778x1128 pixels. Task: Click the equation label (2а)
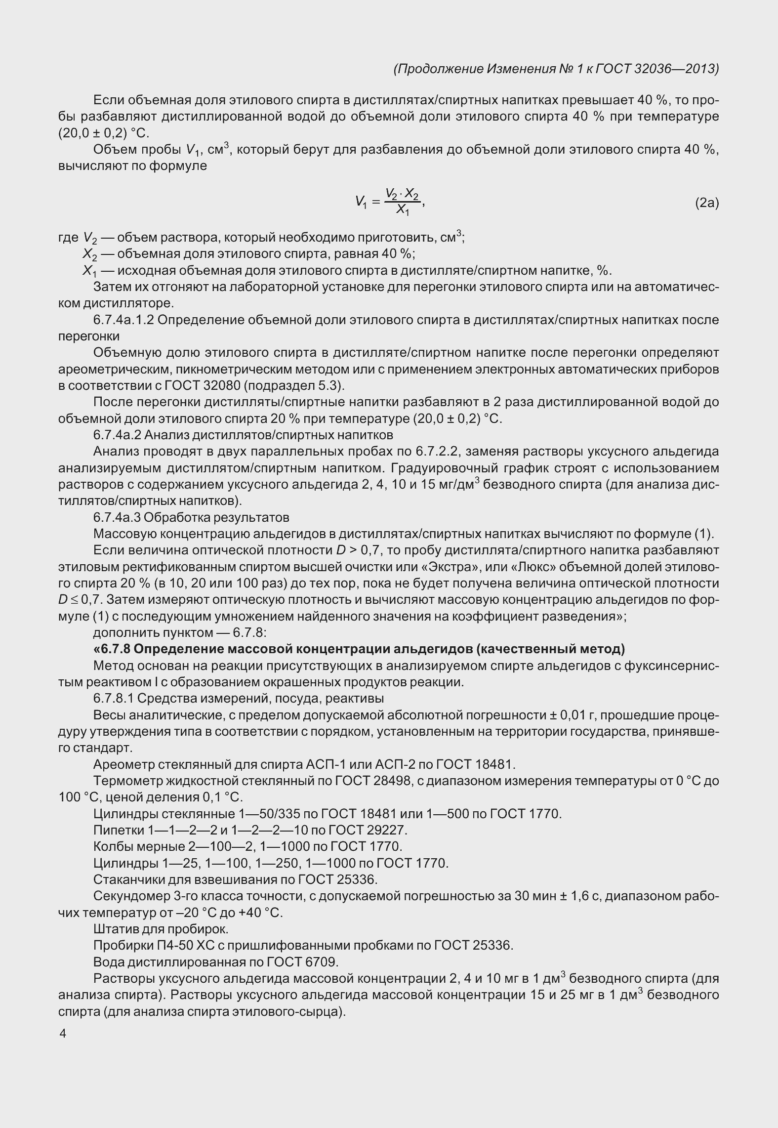(x=706, y=203)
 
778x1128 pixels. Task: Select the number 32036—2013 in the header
(x=672, y=69)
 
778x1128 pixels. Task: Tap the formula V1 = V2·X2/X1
(x=389, y=202)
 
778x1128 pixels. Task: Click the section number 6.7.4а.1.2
(x=124, y=320)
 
